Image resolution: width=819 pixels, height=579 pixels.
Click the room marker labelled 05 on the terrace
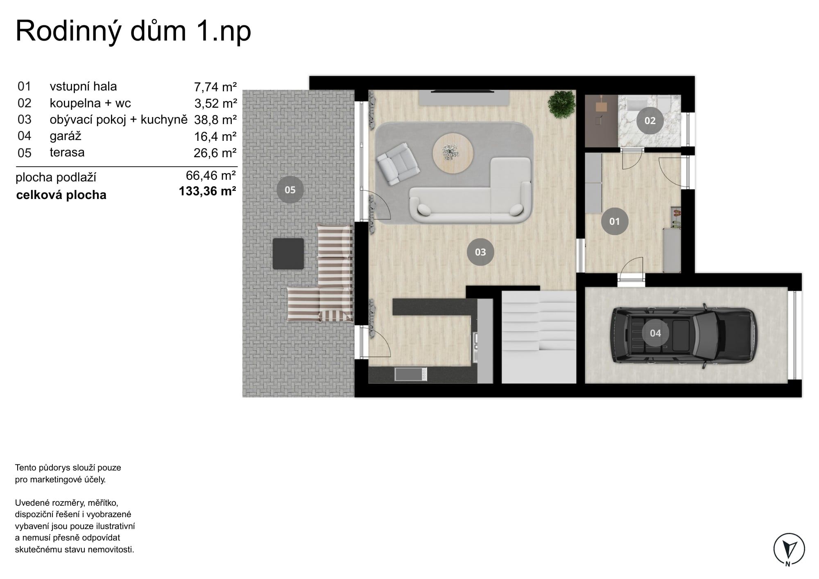(290, 190)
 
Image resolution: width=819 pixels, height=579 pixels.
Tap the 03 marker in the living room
(480, 252)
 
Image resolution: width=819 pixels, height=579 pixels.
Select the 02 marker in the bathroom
(650, 120)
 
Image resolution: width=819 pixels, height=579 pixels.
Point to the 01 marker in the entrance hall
(614, 222)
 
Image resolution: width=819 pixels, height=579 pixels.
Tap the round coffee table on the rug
(453, 154)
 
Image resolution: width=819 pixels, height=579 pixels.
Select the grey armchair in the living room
(398, 163)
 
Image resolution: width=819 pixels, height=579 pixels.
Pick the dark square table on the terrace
(288, 254)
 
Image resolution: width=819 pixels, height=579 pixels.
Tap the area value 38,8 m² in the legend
(215, 120)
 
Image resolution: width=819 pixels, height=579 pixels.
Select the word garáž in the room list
(66, 136)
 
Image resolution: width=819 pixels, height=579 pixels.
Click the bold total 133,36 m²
(208, 191)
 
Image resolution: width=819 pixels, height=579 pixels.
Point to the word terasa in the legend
(67, 152)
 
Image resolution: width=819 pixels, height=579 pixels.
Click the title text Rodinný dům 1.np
(133, 31)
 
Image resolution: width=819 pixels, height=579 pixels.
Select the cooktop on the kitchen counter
(411, 374)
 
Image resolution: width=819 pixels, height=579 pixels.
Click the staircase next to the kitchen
(539, 337)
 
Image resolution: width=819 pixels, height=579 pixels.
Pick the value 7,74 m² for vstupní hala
(215, 87)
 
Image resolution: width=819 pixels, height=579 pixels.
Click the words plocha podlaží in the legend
(56, 178)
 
